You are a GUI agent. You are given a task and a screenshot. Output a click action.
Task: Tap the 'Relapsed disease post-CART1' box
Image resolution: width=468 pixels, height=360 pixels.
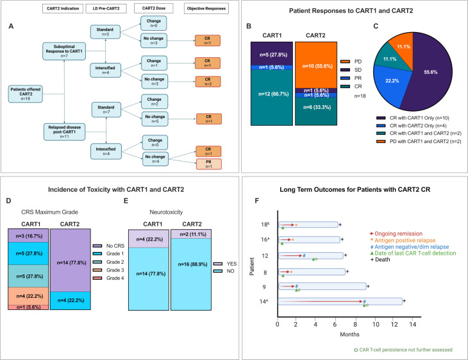tap(63, 132)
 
